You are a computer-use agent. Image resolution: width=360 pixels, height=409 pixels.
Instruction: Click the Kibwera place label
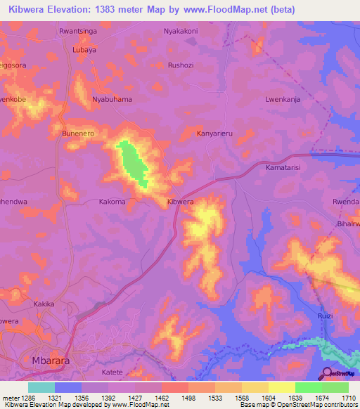pos(180,202)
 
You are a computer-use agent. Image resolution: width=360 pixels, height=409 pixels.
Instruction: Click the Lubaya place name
pos(84,51)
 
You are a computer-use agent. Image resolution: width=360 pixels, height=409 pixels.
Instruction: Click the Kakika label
pos(44,304)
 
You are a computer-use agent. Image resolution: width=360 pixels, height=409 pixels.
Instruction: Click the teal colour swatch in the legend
pos(41,387)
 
